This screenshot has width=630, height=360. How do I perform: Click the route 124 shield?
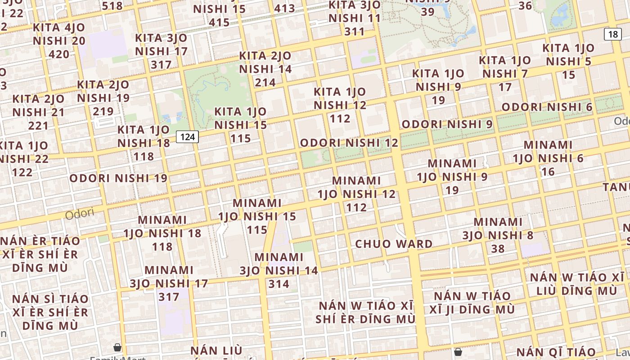pos(187,137)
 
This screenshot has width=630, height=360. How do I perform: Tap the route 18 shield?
pos(613,34)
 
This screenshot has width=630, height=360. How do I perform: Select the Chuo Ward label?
pos(394,244)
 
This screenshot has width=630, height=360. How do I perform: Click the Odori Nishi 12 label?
pos(349,143)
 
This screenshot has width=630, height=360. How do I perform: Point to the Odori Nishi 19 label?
pos(118,178)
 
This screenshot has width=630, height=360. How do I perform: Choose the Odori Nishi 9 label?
pos(447,124)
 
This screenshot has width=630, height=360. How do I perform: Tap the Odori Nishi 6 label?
pos(547,107)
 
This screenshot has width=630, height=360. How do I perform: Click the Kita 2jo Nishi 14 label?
pos(265,69)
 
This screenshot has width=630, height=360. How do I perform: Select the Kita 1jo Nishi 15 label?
pos(240,125)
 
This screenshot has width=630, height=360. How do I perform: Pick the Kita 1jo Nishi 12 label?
pos(340,105)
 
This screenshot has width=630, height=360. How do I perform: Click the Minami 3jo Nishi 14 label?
pos(279,270)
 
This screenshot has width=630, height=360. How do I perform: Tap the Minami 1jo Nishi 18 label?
pos(162,233)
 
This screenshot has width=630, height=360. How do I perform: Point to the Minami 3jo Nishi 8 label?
pos(498,235)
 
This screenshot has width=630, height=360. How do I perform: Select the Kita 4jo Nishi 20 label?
pos(59,40)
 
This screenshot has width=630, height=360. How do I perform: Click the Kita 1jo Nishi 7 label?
pos(505,73)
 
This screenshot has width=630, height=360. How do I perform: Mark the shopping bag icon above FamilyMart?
pos(117,347)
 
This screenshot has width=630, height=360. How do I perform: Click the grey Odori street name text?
pos(80,213)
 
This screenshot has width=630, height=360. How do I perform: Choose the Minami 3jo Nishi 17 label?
pos(169,283)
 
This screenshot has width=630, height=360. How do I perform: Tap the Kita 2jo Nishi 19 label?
pos(103,98)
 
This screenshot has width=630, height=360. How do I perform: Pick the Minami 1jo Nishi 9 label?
pos(452,176)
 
